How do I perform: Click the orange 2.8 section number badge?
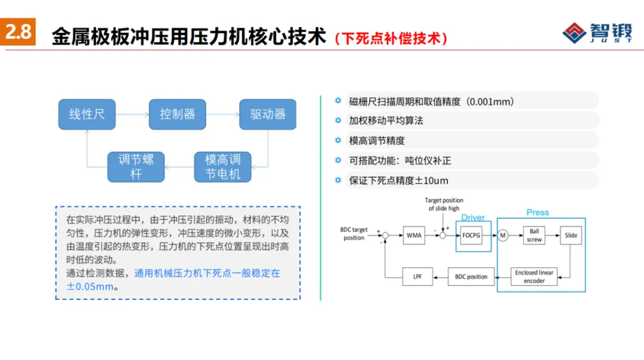coord(18,32)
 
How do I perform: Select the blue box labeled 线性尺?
coord(86,114)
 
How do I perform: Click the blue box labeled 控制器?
coord(177,114)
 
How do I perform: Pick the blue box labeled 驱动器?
coord(268,114)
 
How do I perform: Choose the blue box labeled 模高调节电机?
coord(222,167)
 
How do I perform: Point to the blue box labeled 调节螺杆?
coord(136,167)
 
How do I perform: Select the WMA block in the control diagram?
coord(414,235)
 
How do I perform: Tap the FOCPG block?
coord(471,235)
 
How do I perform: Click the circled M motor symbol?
coord(503,235)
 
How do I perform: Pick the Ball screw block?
coord(534,235)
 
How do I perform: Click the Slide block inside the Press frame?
coord(571,235)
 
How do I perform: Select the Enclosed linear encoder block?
coord(534,277)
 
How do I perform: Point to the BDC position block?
coord(471,277)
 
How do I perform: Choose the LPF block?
coord(417,277)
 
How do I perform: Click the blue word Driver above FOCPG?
coord(473,218)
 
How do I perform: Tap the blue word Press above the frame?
coord(537,212)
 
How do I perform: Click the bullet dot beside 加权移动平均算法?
coord(338,120)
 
